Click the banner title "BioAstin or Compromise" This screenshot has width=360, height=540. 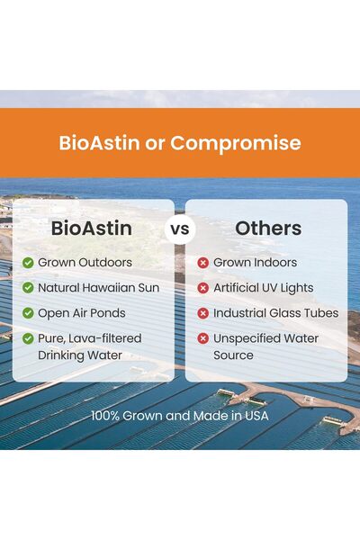(180, 143)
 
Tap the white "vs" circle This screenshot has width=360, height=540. (180, 229)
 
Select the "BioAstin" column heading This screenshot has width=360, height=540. (92, 229)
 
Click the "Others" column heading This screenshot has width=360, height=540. (266, 229)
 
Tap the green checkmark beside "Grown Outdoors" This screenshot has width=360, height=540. (28, 263)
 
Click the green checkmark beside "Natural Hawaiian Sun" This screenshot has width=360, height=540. (28, 288)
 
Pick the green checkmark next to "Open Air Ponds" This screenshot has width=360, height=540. (28, 313)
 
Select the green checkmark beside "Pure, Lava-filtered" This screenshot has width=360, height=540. (28, 338)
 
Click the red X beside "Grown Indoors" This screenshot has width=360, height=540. (203, 263)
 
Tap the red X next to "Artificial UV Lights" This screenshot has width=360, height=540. (203, 288)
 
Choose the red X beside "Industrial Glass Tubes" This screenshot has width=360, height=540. (203, 313)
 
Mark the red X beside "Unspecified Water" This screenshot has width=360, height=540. (203, 338)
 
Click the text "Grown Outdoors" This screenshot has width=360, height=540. (85, 263)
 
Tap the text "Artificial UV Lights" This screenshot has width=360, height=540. (263, 288)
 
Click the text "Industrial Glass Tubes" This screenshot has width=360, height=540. (275, 313)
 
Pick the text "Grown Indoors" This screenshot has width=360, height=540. (255, 263)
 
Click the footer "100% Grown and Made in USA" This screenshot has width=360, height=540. (180, 417)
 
